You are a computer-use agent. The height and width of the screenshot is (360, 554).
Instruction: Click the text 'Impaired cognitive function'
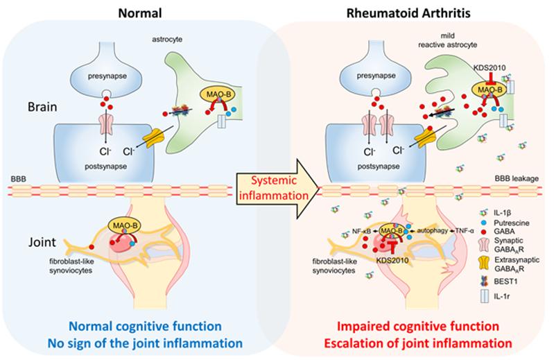pos(416,327)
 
